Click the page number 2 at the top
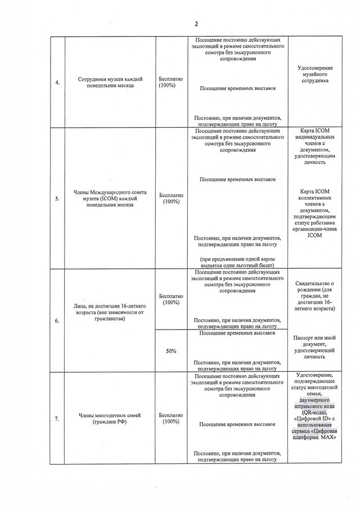click(196, 24)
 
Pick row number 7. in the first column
click(57, 418)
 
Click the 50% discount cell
click(171, 351)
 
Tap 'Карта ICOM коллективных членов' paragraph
click(314, 213)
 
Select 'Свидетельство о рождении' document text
click(314, 296)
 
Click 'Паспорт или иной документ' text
click(314, 344)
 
